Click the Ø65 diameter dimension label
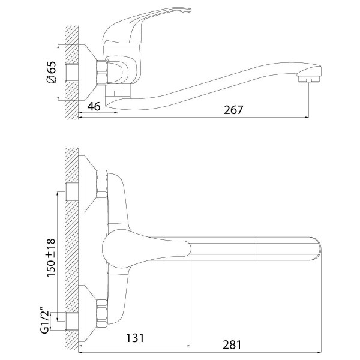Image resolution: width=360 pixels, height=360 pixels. point(52,73)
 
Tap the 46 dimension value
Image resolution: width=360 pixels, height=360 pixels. point(94,106)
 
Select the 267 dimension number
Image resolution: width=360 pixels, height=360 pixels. point(233,110)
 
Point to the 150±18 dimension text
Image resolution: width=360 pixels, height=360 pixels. point(51,257)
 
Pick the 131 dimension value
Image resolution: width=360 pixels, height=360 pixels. point(135,338)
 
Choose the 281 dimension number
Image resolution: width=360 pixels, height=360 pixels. point(232,344)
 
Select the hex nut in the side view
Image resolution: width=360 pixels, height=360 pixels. point(102,73)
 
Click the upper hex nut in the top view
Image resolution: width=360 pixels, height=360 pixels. point(102,184)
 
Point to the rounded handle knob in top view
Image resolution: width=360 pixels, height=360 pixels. point(146,249)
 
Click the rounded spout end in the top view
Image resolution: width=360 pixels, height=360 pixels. point(317,248)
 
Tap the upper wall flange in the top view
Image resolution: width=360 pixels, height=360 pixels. point(87,184)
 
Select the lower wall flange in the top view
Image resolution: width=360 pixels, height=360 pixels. point(87,313)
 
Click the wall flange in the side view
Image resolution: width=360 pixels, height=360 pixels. point(87,73)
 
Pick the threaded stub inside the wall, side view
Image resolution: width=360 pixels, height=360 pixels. point(72,73)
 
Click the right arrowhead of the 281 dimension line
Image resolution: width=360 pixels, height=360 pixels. point(319,352)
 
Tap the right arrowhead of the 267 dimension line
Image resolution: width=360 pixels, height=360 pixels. point(307,118)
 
